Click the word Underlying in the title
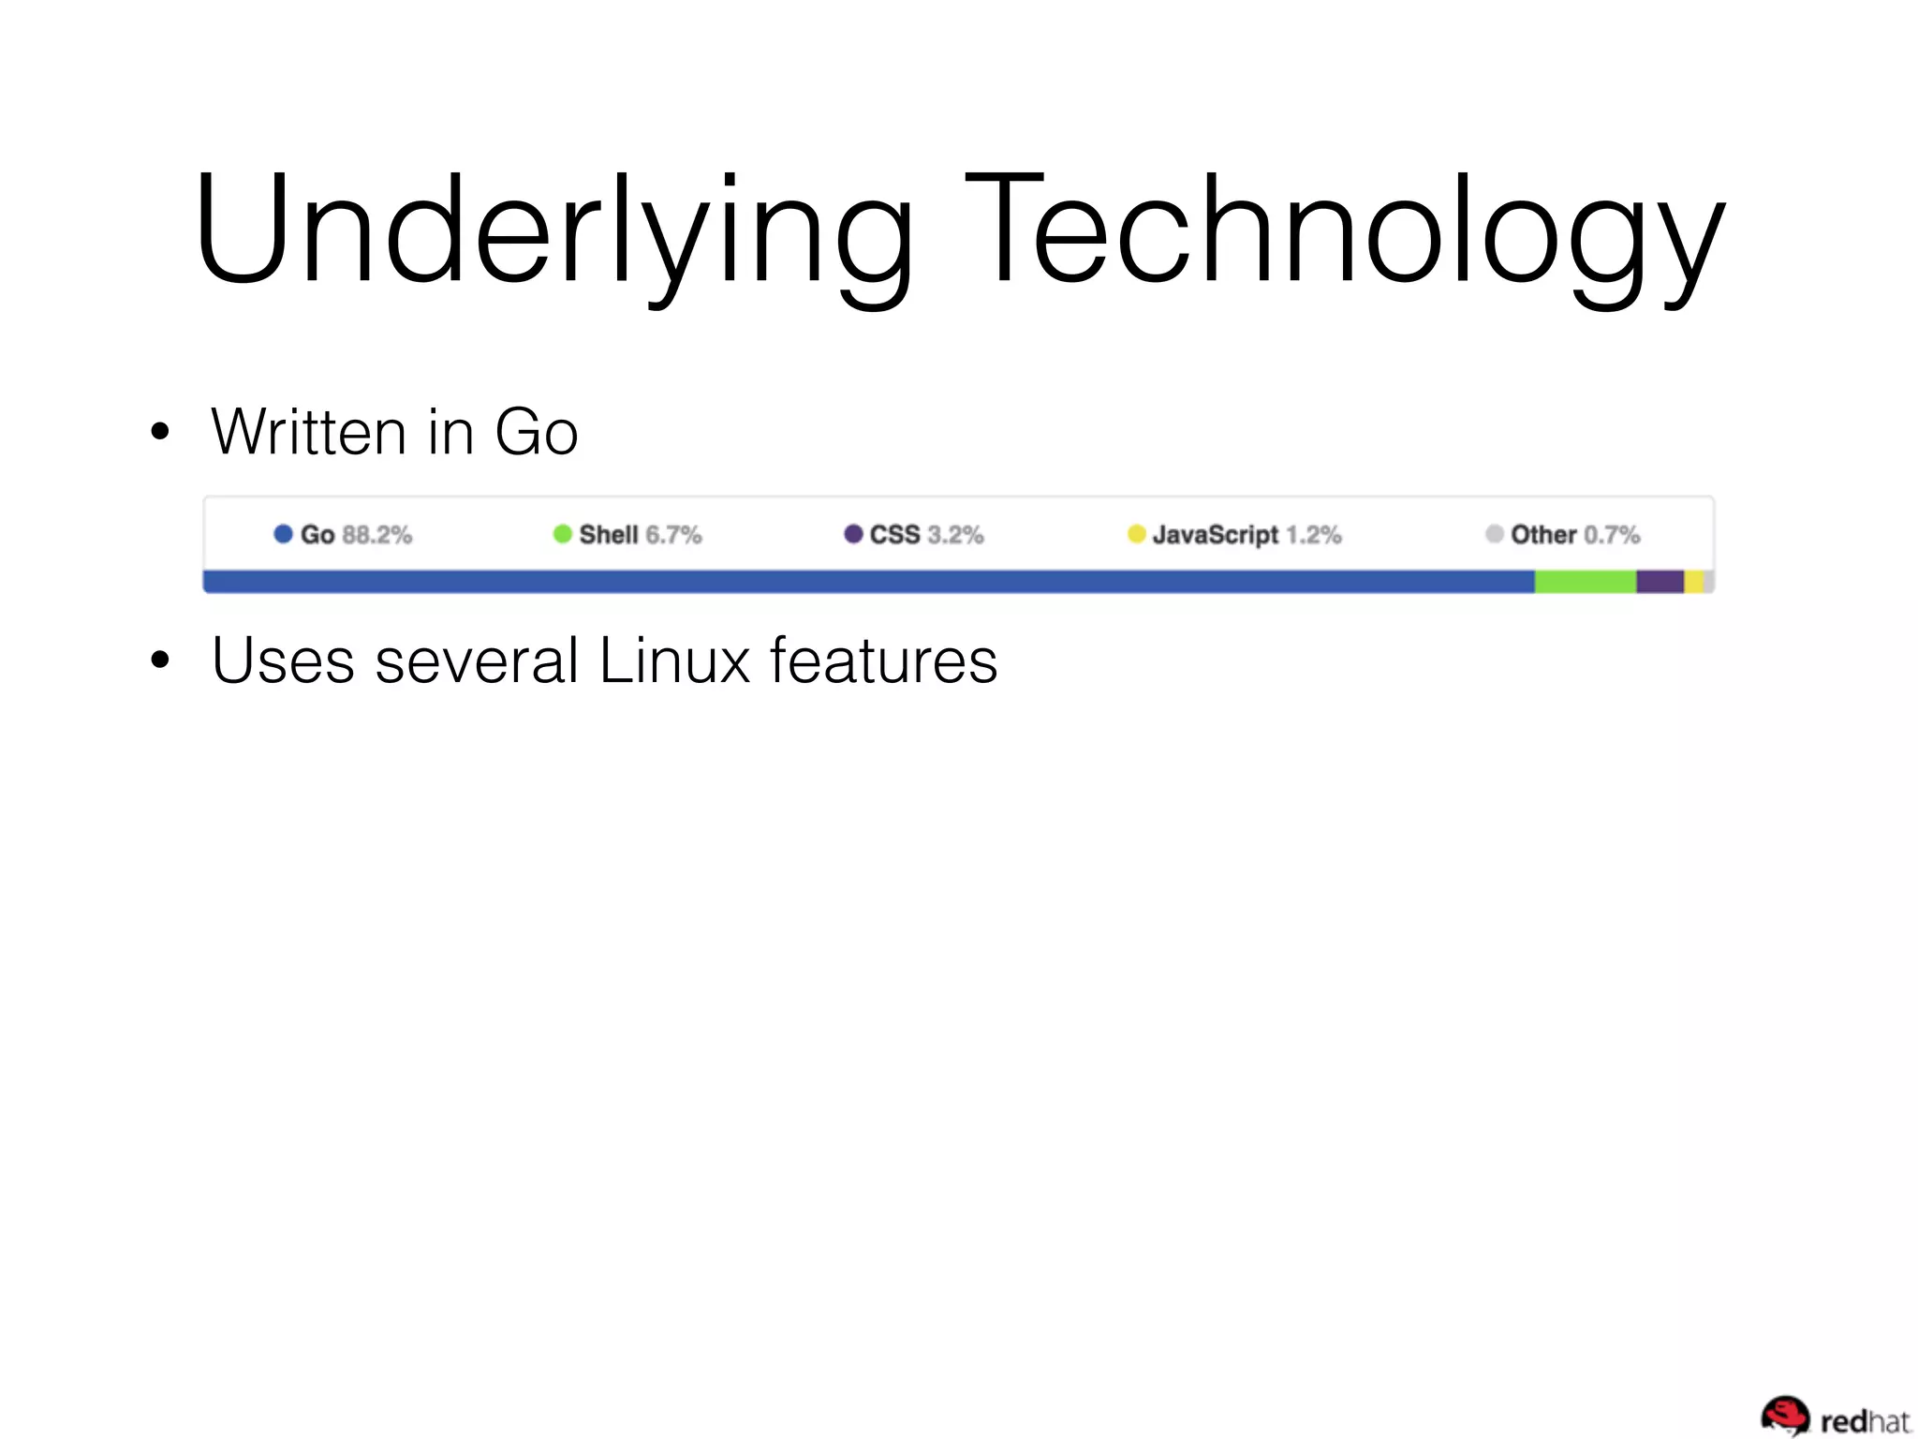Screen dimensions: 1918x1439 553,230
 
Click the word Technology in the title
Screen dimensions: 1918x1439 1344,230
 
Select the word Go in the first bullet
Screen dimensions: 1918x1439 536,432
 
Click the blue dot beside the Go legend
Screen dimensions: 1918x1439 283,534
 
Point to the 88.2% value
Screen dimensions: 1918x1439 377,535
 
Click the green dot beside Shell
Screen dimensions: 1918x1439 562,534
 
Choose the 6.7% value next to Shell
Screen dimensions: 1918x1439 673,535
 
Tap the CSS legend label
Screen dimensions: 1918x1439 894,535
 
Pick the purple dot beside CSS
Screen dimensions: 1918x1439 853,534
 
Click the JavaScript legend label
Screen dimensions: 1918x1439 1215,535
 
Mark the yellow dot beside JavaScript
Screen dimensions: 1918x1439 1136,534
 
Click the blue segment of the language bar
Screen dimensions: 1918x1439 868,582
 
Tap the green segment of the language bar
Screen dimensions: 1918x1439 1585,582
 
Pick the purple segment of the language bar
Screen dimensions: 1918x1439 1660,582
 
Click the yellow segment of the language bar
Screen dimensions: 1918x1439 1693,582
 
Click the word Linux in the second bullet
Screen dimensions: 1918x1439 674,660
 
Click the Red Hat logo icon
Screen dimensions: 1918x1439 1785,1417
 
